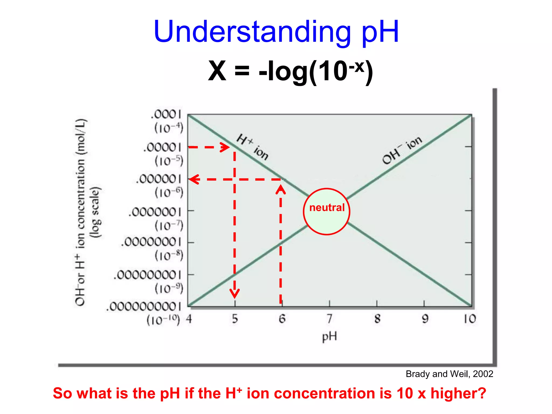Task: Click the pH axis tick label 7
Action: pyautogui.click(x=329, y=319)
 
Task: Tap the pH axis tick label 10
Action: pyautogui.click(x=470, y=319)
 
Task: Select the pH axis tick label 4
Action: pyautogui.click(x=189, y=319)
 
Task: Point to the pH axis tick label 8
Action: pyautogui.click(x=377, y=319)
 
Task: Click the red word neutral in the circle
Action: pyautogui.click(x=327, y=208)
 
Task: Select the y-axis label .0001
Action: pyautogui.click(x=166, y=115)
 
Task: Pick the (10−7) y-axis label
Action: pyautogui.click(x=169, y=226)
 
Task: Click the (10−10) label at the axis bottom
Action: pyautogui.click(x=163, y=320)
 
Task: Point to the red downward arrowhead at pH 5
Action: pyautogui.click(x=234, y=293)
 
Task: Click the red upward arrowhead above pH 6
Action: pyautogui.click(x=281, y=189)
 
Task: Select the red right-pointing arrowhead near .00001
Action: pyautogui.click(x=225, y=147)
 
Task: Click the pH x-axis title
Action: pyautogui.click(x=329, y=337)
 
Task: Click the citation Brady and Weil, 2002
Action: pyautogui.click(x=449, y=374)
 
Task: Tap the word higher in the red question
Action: pyautogui.click(x=458, y=393)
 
